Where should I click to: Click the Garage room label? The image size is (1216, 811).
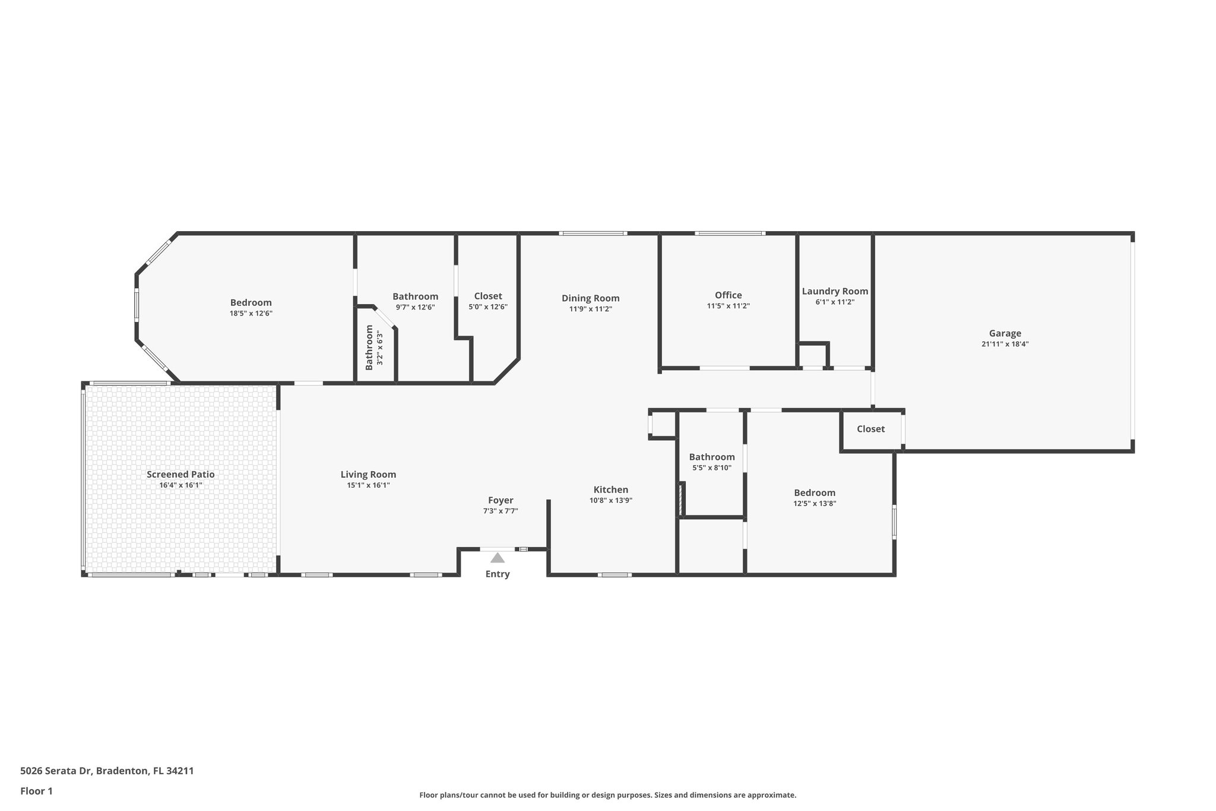click(1005, 333)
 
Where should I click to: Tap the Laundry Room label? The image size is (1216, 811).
click(835, 291)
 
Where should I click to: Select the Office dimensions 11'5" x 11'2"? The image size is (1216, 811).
click(728, 306)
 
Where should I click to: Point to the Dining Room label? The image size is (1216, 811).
click(590, 298)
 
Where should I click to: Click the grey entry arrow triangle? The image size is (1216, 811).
click(498, 558)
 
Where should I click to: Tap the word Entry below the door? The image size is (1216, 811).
click(498, 574)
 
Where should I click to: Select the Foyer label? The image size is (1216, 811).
click(501, 500)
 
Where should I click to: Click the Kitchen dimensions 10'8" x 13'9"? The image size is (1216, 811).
click(610, 500)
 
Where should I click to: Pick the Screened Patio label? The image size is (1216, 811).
click(180, 474)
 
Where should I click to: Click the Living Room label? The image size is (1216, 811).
click(368, 474)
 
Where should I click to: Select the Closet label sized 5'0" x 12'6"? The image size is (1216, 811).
click(488, 296)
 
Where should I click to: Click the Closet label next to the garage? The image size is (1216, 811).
click(870, 429)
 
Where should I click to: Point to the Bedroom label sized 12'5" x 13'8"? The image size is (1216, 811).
click(815, 493)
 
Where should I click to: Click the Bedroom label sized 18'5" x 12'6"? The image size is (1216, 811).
click(251, 302)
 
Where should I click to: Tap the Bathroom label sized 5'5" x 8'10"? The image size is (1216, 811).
click(712, 457)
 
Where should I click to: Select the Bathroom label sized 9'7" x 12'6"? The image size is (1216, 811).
click(415, 296)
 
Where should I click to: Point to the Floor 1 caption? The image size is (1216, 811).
click(36, 791)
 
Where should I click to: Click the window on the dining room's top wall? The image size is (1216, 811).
click(593, 233)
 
